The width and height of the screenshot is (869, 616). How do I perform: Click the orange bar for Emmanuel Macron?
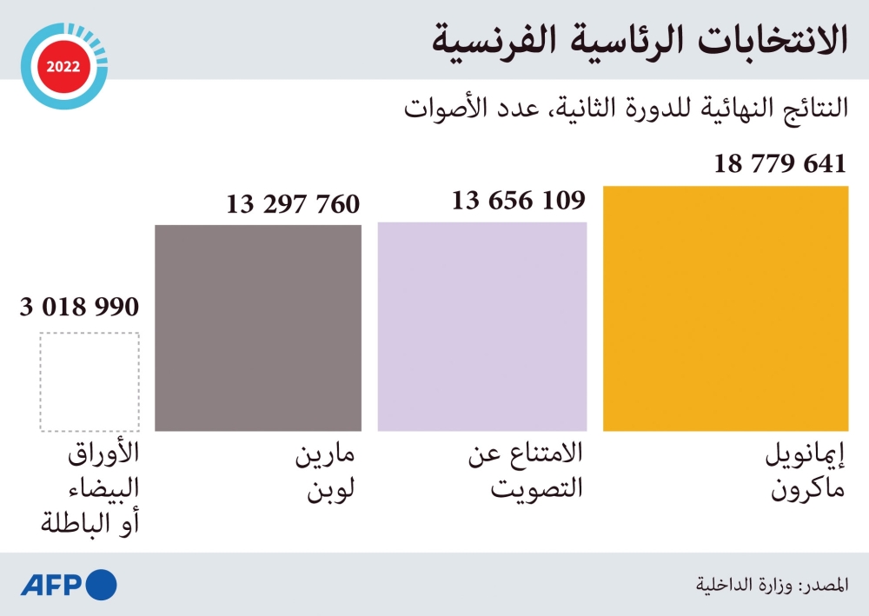[x=725, y=308]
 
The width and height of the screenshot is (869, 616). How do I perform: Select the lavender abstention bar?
[x=481, y=327]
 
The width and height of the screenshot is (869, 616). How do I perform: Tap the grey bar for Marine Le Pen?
[x=258, y=328]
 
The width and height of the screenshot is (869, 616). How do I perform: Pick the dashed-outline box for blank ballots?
[x=90, y=382]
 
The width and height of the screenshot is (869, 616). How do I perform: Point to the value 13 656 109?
[x=518, y=201]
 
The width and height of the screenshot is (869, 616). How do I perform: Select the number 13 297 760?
[x=293, y=204]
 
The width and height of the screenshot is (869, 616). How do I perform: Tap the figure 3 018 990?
[x=79, y=307]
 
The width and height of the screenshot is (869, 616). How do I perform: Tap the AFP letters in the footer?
[x=51, y=584]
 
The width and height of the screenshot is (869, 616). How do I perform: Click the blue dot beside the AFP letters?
[x=102, y=584]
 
